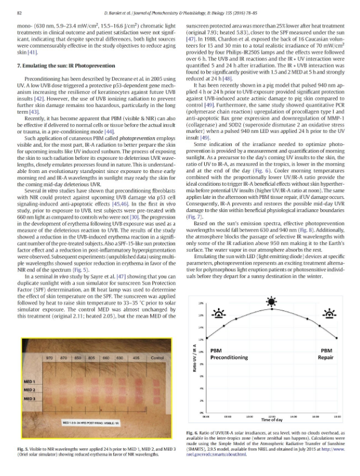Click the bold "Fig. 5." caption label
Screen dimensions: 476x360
(25, 448)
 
